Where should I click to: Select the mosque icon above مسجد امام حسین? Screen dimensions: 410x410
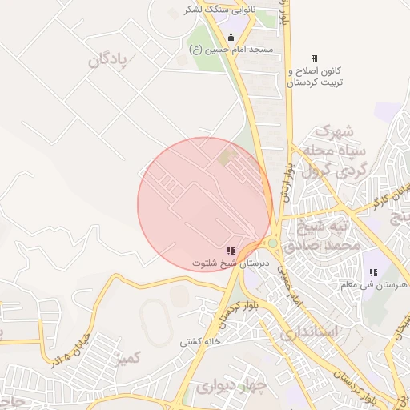(x=231, y=37)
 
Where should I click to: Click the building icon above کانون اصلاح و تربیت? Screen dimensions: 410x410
(x=314, y=58)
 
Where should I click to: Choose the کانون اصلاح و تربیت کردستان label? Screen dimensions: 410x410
(x=316, y=77)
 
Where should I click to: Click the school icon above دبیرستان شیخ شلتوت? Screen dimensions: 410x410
(x=231, y=251)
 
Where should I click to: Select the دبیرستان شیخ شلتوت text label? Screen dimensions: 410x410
(x=231, y=263)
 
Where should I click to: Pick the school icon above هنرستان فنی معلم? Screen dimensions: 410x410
(x=373, y=272)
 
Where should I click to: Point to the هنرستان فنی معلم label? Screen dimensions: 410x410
(x=373, y=285)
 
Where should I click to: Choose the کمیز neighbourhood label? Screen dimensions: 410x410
(x=127, y=357)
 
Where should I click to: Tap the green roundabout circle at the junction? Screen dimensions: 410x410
(x=273, y=243)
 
